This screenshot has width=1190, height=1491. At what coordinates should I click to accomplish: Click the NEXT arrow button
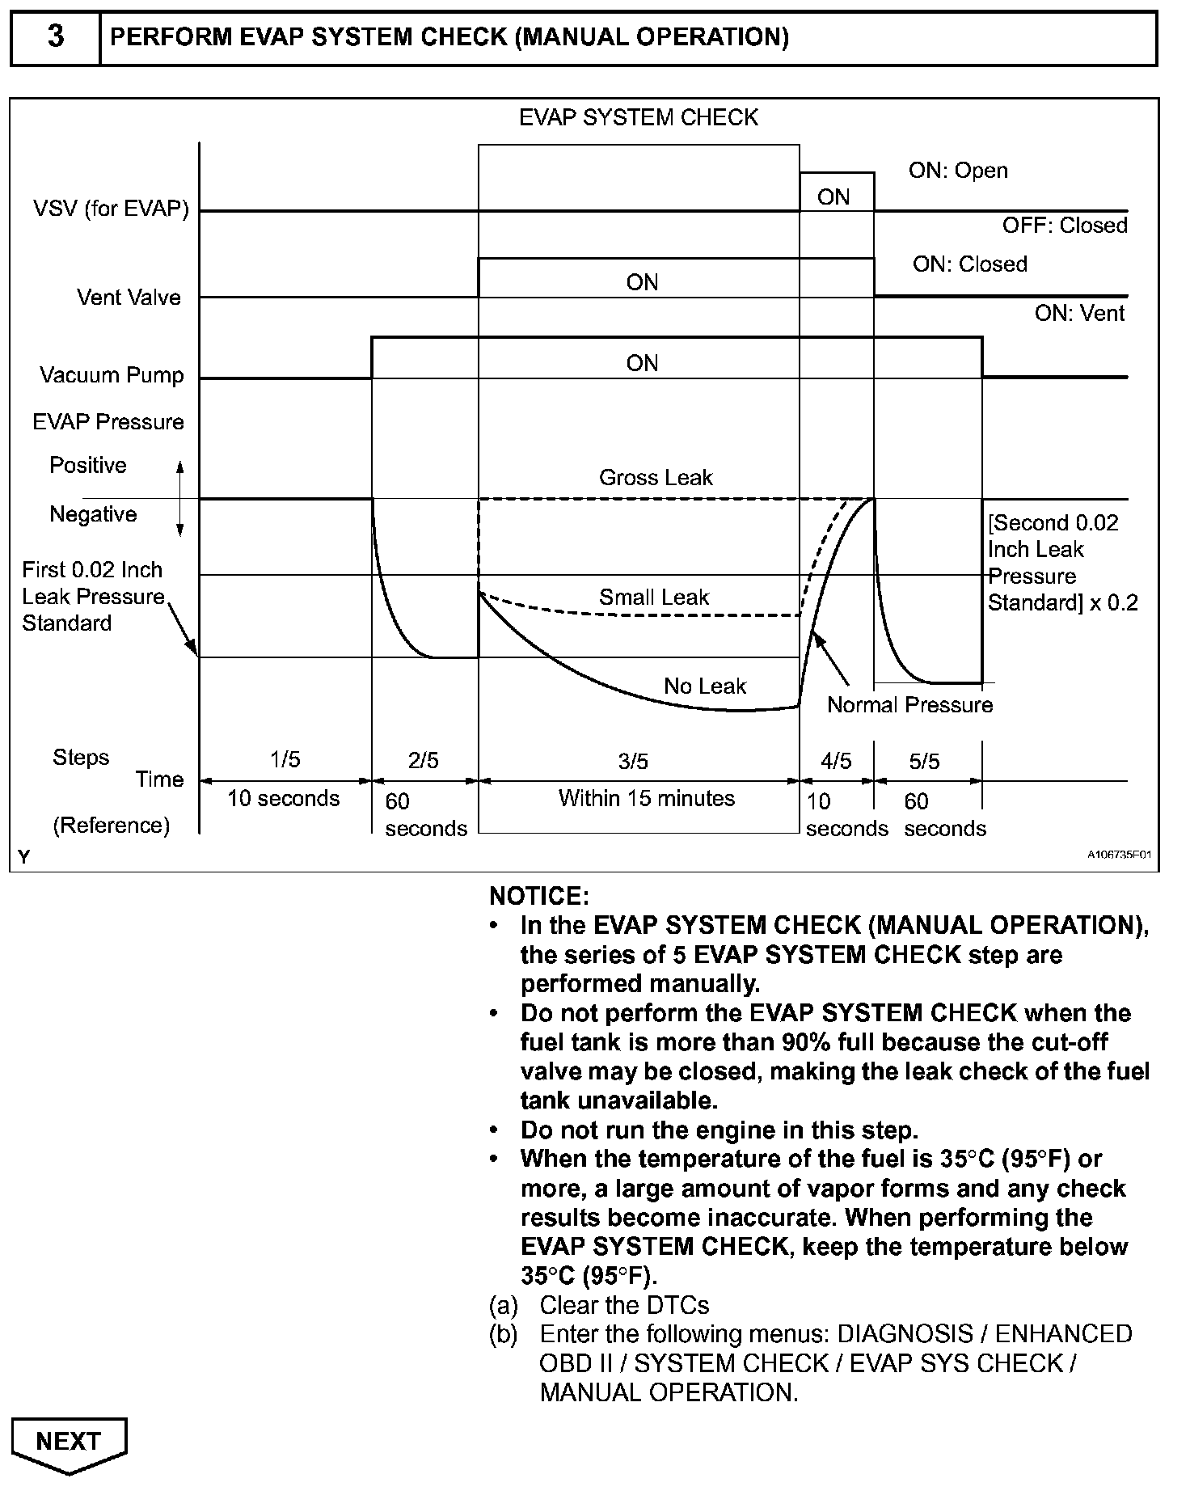[x=69, y=1441]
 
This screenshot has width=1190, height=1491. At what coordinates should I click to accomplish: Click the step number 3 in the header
[x=56, y=37]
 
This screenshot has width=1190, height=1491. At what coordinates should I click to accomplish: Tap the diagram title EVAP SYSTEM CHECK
[x=638, y=118]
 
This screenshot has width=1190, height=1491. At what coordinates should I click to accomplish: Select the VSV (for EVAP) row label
[x=111, y=209]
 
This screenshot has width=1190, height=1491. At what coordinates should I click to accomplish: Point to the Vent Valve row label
[x=129, y=298]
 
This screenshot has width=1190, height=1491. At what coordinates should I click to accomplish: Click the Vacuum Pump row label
[x=112, y=375]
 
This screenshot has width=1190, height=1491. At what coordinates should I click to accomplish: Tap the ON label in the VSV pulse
[x=833, y=197]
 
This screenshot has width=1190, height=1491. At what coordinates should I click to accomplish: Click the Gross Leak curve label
[x=656, y=478]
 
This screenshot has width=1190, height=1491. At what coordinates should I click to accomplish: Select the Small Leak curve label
[x=653, y=598]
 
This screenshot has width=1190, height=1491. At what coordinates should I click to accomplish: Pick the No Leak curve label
[x=705, y=686]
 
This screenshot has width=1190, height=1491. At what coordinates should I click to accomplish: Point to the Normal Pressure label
[x=909, y=705]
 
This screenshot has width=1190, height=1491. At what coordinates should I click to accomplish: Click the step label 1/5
[x=284, y=759]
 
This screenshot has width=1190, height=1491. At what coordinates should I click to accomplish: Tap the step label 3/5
[x=633, y=761]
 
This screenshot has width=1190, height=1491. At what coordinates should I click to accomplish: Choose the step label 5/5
[x=924, y=761]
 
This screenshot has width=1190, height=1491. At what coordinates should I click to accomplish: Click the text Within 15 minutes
[x=646, y=799]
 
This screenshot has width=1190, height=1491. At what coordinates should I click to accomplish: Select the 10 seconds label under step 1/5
[x=283, y=799]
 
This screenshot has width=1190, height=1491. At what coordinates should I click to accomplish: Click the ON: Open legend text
[x=958, y=171]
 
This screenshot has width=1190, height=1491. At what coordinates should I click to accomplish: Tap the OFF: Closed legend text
[x=1065, y=226]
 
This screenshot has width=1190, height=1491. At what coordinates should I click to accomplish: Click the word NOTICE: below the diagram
[x=539, y=896]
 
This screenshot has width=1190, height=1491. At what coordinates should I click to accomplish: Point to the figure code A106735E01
[x=1119, y=855]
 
